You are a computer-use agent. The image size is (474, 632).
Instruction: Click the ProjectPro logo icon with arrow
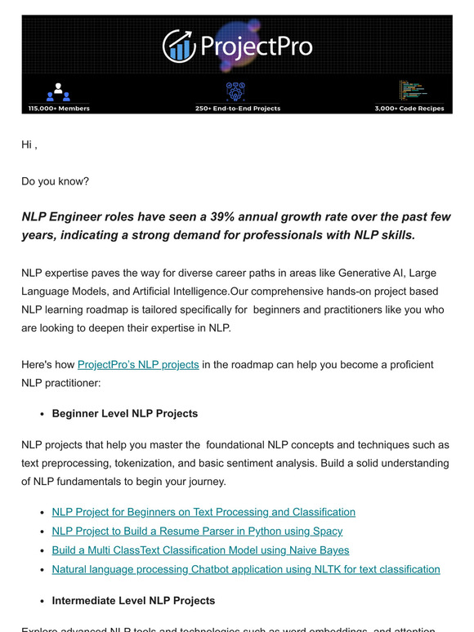178,46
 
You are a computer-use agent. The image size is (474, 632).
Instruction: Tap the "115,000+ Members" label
59,108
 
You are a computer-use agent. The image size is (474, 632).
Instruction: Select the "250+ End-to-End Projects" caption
237,108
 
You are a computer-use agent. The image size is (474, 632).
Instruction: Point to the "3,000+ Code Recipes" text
409,108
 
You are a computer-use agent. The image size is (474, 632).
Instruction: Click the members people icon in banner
59,91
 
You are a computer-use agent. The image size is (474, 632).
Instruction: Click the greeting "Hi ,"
29,145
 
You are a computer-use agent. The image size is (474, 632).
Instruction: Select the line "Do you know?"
55,180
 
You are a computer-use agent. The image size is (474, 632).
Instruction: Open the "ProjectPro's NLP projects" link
138,364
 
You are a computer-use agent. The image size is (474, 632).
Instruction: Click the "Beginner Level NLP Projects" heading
124,413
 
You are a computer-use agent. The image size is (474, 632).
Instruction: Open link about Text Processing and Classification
203,512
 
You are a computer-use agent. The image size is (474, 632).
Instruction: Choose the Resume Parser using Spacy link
197,531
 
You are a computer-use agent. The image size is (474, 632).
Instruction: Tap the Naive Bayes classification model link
200,550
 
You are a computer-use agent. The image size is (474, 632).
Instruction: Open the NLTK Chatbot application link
245,569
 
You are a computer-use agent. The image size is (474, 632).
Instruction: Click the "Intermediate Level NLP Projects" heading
133,600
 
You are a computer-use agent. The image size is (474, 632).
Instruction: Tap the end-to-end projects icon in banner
236,91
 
